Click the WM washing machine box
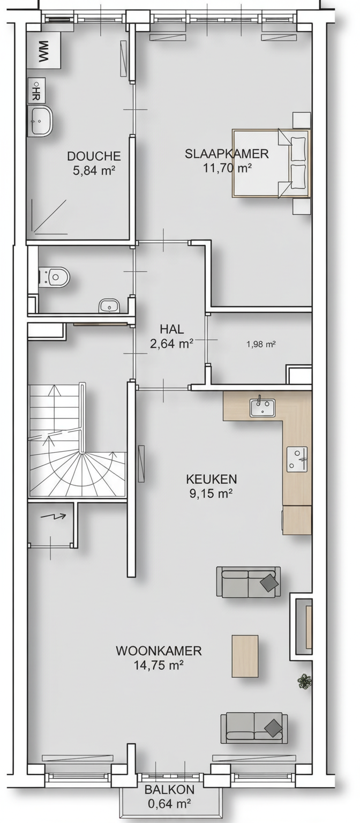pos(44,50)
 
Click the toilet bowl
pos(55,276)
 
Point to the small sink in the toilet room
pos(109,306)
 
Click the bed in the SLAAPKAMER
pos(271,163)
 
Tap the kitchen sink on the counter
pos(262,407)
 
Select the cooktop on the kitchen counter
pos(297,459)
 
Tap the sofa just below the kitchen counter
pos(249,581)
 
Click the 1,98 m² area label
pos(261,345)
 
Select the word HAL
pos(172,329)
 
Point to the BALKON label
pos(169,789)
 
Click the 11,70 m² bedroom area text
pos(227,168)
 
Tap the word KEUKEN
pos(211,479)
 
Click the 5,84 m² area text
pos(94,170)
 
